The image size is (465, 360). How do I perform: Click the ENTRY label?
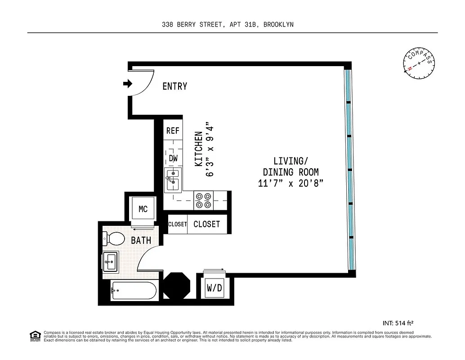pos(174,86)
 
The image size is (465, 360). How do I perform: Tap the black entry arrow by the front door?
pos(128,83)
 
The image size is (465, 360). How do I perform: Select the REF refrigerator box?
pos(173,131)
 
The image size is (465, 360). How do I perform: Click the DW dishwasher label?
pos(173,158)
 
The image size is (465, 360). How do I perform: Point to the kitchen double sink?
pos(173,179)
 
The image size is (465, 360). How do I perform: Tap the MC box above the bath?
pos(143,209)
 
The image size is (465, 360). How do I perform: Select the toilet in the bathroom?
pos(114,239)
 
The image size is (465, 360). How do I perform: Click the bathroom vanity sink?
pos(111,261)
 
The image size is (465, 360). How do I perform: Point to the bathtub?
pos(134,291)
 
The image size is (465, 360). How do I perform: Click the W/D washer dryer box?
pos(214,288)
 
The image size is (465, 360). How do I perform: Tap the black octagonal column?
pos(176,285)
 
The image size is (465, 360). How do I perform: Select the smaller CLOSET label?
pos(177,224)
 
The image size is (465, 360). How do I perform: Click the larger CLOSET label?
pos(206,224)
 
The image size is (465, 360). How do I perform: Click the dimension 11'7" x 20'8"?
pos(291,184)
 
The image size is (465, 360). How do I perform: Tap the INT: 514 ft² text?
pos(398,323)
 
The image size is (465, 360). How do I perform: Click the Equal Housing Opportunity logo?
pos(35,335)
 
